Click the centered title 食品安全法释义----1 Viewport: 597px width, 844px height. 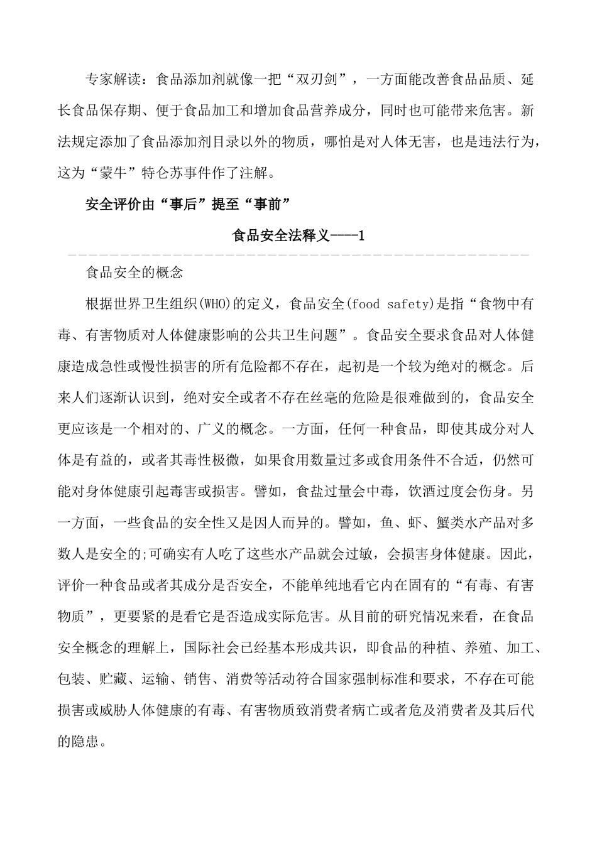click(298, 236)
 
